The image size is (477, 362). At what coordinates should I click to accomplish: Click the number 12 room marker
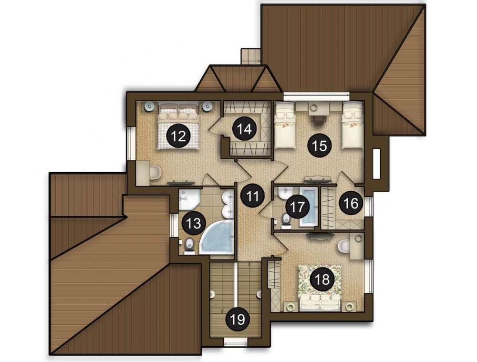click(x=178, y=136)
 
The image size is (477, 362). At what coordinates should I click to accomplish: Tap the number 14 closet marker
click(x=245, y=129)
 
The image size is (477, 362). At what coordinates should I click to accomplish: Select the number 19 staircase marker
click(x=238, y=320)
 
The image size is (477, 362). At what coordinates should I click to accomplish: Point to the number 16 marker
click(x=352, y=203)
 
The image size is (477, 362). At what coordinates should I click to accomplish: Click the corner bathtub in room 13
click(x=217, y=238)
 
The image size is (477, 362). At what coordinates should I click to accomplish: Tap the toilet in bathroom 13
click(x=190, y=245)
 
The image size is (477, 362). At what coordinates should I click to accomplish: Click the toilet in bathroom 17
click(x=286, y=220)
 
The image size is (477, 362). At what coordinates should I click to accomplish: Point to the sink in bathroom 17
click(x=285, y=193)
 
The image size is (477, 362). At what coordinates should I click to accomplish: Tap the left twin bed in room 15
click(x=285, y=125)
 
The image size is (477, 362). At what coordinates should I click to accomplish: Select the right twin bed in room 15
click(x=353, y=125)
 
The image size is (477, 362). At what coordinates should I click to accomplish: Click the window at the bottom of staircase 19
click(x=237, y=342)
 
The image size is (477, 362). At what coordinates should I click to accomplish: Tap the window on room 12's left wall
click(x=132, y=144)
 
